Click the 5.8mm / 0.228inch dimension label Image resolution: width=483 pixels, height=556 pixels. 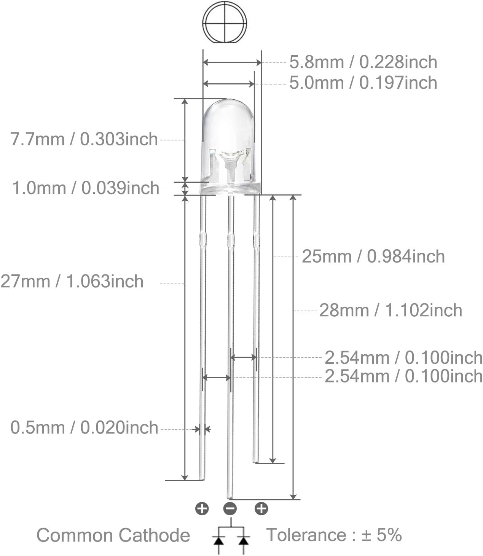363,62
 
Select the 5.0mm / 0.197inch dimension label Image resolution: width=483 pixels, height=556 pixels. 363,83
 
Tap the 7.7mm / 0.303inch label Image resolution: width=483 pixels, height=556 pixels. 84,139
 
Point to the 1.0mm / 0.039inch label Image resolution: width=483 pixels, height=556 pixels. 86,188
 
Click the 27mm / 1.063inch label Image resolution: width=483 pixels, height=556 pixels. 72,281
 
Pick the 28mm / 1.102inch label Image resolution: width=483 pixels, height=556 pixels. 391,310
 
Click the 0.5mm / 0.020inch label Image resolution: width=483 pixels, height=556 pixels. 84,428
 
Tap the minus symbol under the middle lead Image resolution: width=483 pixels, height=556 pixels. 230,509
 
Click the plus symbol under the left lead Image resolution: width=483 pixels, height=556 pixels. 202,508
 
